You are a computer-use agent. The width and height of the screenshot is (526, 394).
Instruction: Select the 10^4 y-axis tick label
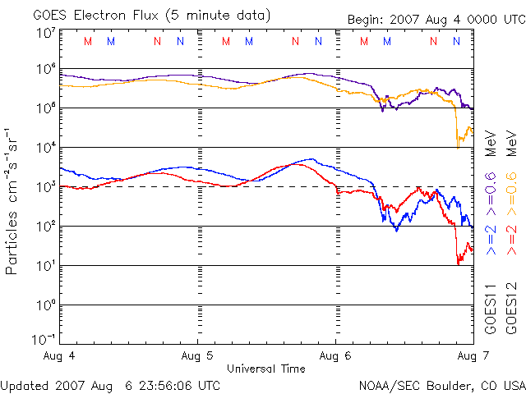click(x=45, y=149)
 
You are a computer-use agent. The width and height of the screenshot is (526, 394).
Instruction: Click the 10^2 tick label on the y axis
click(x=45, y=227)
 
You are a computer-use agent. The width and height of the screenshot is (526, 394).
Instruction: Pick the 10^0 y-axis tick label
click(x=45, y=306)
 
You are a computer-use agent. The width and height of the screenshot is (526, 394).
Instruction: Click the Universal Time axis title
click(x=266, y=369)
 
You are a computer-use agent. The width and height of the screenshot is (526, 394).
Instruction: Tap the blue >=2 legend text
click(x=491, y=238)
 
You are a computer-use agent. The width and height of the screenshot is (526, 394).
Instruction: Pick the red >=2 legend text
click(x=510, y=238)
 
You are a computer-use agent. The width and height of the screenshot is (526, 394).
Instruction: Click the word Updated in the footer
click(x=23, y=385)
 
